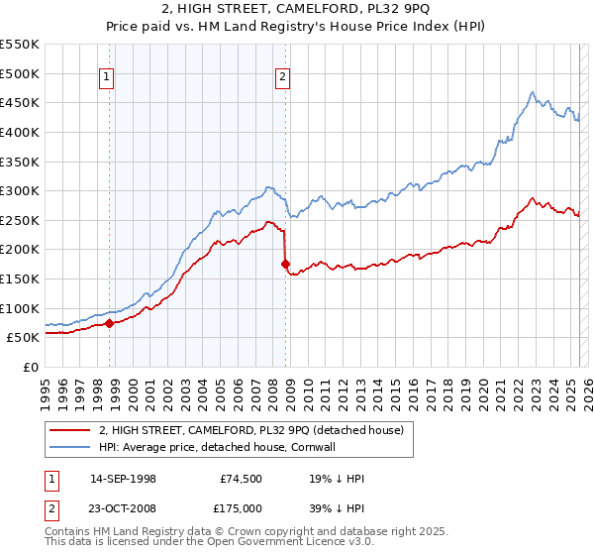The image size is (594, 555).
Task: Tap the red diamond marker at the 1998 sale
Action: point(109,323)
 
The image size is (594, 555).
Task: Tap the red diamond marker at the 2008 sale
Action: point(286,265)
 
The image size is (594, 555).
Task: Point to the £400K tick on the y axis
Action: point(21,132)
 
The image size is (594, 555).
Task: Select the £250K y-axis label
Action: point(21,220)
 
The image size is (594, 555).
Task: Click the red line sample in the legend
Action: point(69,431)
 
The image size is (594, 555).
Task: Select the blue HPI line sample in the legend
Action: point(69,447)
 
